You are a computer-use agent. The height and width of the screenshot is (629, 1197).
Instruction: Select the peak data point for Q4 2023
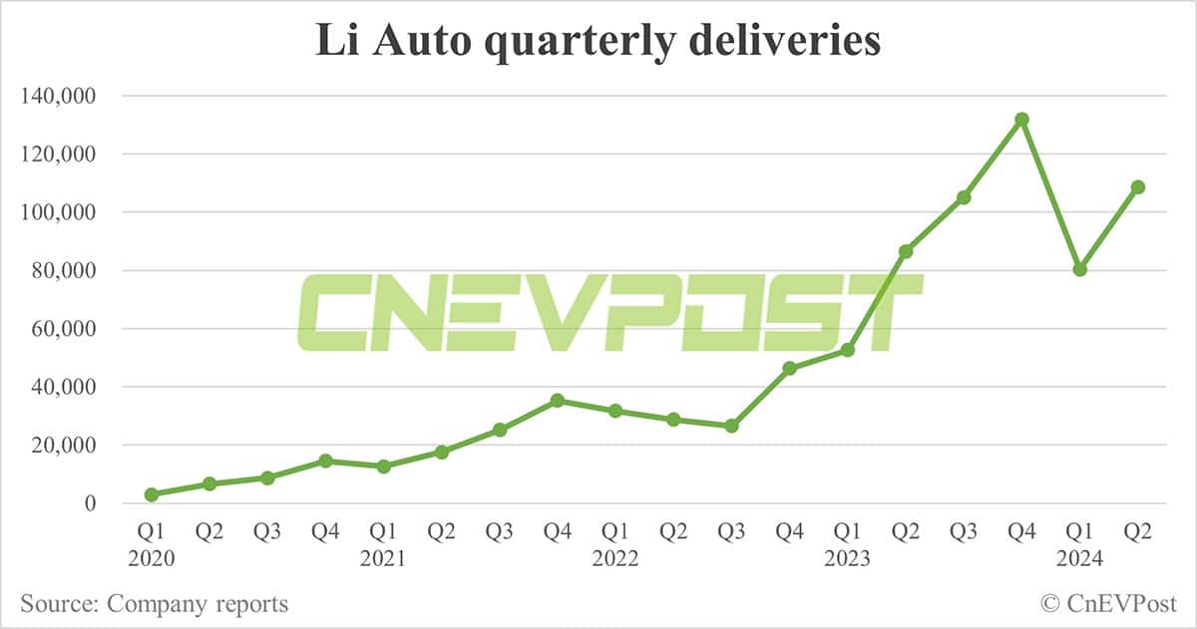(x=1021, y=120)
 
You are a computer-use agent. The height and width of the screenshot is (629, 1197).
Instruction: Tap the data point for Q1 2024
(x=1079, y=269)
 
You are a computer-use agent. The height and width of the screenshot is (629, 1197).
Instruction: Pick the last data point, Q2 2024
(x=1137, y=187)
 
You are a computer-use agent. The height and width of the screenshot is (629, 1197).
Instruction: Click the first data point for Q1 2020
(x=152, y=494)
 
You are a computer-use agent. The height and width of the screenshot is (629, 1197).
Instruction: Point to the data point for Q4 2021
(x=558, y=401)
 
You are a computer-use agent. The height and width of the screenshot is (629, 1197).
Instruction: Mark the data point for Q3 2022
(x=731, y=426)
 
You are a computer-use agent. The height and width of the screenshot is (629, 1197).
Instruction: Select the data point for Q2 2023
(x=906, y=251)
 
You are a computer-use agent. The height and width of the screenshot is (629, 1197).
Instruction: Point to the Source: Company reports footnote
(x=155, y=604)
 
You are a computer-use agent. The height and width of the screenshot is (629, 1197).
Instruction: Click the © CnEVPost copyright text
(x=1108, y=604)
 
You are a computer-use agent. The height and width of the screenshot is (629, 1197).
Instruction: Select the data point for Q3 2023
(x=964, y=197)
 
